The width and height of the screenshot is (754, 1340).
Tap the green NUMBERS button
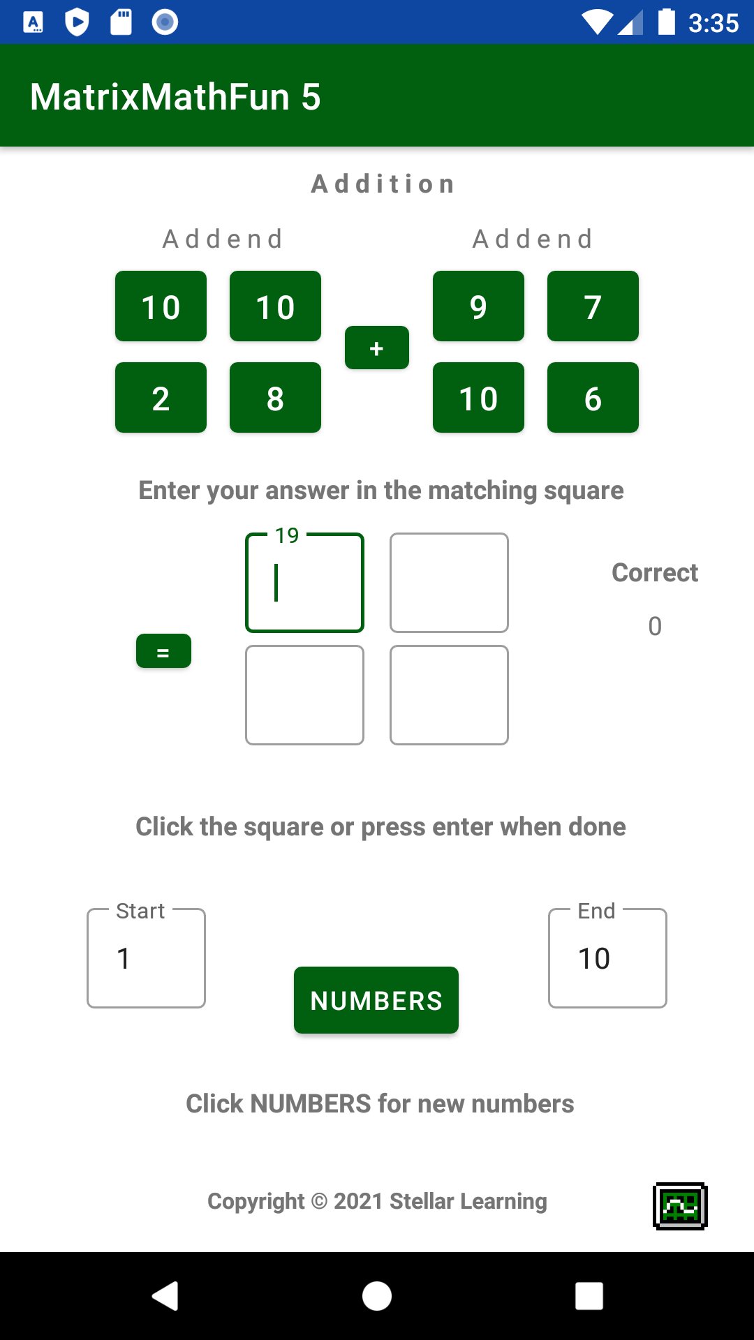pyautogui.click(x=376, y=999)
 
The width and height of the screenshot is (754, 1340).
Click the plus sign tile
pyautogui.click(x=376, y=348)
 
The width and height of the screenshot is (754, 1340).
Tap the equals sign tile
pyautogui.click(x=163, y=651)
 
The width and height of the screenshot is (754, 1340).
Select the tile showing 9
pyautogui.click(x=478, y=306)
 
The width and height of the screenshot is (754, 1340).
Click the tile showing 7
pyautogui.click(x=593, y=306)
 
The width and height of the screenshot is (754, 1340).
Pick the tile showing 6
pyautogui.click(x=593, y=398)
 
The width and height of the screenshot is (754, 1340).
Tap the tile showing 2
pyautogui.click(x=161, y=398)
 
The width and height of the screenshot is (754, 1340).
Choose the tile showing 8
pyautogui.click(x=275, y=398)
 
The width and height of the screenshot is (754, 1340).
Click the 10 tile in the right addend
pyautogui.click(x=478, y=398)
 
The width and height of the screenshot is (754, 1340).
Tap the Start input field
pyautogui.click(x=146, y=958)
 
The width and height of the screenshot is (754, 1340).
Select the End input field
pyautogui.click(x=607, y=958)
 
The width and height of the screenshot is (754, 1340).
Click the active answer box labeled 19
pyautogui.click(x=304, y=583)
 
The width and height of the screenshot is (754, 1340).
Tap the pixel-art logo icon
pyautogui.click(x=680, y=1206)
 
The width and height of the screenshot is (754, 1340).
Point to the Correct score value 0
pyautogui.click(x=655, y=626)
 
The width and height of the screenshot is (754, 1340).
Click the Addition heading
pyautogui.click(x=383, y=184)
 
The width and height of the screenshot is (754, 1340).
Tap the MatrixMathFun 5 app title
pyautogui.click(x=175, y=96)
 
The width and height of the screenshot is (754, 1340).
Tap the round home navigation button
pyautogui.click(x=377, y=1296)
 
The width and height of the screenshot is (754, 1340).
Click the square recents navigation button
pyautogui.click(x=589, y=1296)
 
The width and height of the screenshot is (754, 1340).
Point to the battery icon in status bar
pyautogui.click(x=667, y=22)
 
